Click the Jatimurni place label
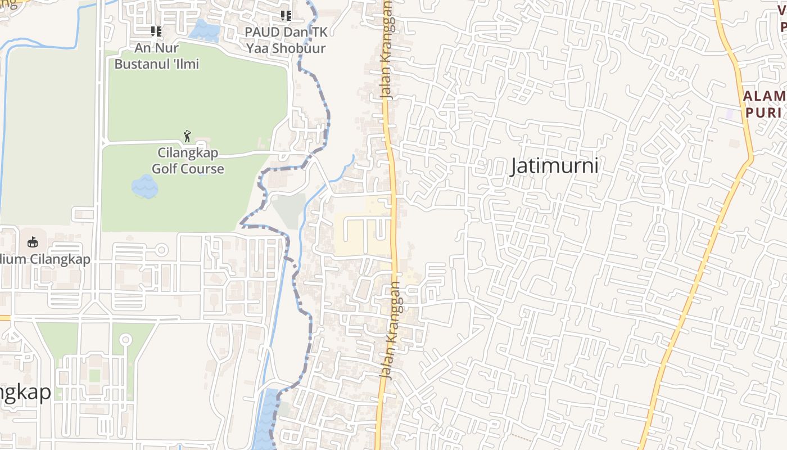tap(554, 166)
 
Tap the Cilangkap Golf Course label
tap(188, 161)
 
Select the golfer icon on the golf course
tap(187, 136)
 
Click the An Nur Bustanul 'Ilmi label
tap(157, 56)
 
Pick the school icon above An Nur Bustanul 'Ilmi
tap(156, 31)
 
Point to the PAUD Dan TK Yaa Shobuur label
tap(286, 40)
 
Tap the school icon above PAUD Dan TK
tap(286, 16)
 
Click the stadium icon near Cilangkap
tap(33, 242)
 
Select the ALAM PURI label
tap(764, 104)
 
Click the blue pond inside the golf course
tap(144, 186)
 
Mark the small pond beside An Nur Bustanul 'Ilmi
tap(203, 30)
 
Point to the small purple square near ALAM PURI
tap(730, 114)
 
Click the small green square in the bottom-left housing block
tap(94, 375)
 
